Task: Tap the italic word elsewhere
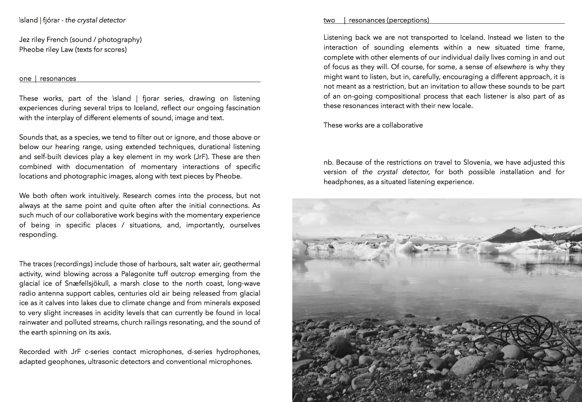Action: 510,67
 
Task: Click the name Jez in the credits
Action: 25,40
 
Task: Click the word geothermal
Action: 242,264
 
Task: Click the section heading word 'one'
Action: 25,79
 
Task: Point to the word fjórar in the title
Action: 51,20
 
